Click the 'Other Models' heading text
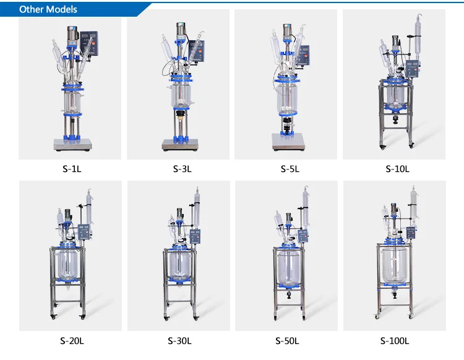[x=48, y=9]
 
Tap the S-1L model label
[x=72, y=169]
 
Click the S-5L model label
[x=287, y=169]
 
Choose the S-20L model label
[x=72, y=340]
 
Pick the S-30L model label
[x=179, y=340]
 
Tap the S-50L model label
[x=287, y=340]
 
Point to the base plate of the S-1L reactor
[x=72, y=144]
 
